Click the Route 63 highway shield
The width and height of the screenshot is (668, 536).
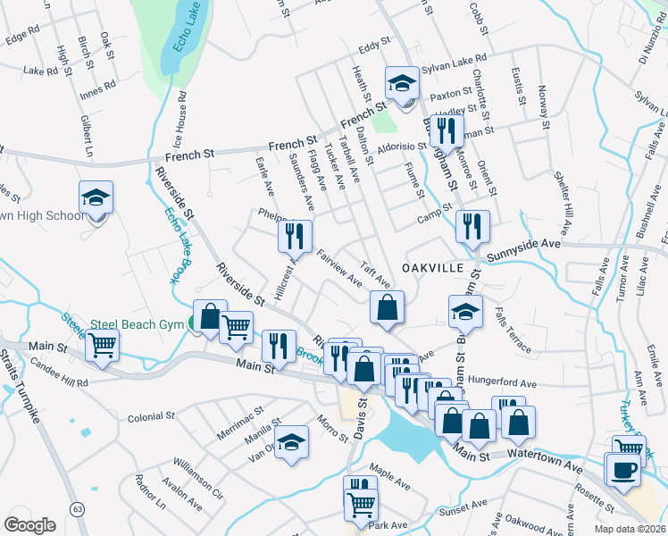[78, 509]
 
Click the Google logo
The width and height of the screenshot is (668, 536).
[29, 524]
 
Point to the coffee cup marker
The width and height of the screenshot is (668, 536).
[624, 469]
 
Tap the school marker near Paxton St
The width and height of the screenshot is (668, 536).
[402, 84]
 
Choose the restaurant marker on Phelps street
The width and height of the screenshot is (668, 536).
[292, 236]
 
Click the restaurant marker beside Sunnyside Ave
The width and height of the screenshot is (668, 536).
[471, 227]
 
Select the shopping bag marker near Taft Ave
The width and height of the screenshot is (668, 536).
[387, 307]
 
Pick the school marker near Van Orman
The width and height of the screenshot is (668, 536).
[291, 442]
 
